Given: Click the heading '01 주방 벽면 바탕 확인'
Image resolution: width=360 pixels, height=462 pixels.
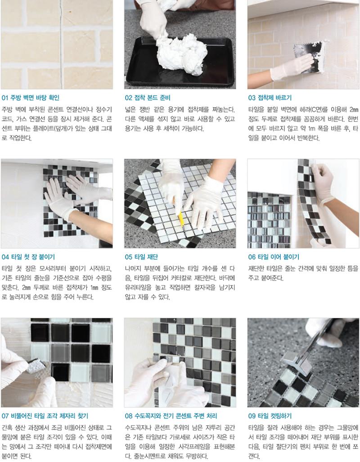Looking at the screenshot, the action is [30, 98].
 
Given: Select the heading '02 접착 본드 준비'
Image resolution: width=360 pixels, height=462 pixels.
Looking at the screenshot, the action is [148, 98].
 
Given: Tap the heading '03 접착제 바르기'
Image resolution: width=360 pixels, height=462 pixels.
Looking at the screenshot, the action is [270, 98].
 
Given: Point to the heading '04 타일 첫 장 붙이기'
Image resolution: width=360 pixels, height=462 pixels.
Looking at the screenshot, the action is [28, 257].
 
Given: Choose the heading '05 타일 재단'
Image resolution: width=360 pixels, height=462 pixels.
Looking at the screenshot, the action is [141, 257].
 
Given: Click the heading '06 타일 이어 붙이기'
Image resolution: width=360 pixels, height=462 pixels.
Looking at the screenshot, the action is [274, 257].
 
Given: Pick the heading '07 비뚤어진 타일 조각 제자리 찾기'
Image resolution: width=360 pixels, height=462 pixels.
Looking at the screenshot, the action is [45, 416].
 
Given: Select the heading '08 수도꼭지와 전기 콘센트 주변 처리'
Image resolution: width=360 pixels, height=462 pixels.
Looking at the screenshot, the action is [171, 416].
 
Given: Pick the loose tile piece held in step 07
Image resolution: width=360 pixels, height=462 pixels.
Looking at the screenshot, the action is [37, 366].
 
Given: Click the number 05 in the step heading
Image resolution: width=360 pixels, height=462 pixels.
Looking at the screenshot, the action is [128, 257].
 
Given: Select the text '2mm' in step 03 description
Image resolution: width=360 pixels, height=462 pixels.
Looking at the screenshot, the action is [354, 109].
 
